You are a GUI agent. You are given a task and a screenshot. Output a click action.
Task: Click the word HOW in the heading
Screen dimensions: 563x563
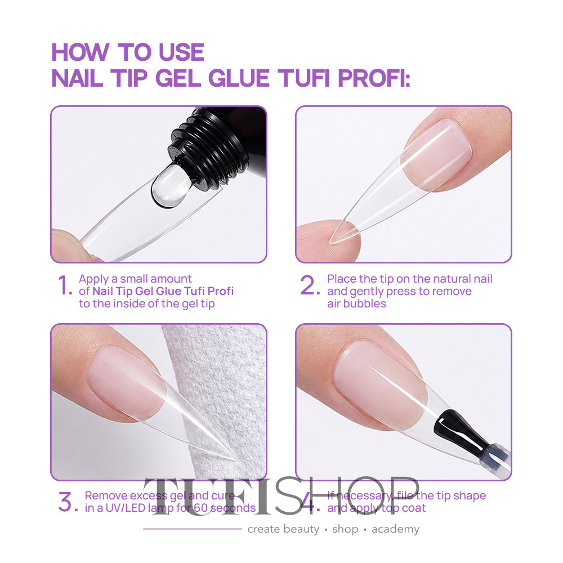click(x=81, y=52)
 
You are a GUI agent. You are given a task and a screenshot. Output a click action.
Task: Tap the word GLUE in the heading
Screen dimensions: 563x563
click(x=239, y=78)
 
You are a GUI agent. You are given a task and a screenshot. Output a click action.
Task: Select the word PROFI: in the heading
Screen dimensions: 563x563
click(x=374, y=78)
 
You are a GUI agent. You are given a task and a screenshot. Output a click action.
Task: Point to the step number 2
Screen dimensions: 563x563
click(x=310, y=285)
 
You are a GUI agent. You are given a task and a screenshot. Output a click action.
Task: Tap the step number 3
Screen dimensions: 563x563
click(x=68, y=502)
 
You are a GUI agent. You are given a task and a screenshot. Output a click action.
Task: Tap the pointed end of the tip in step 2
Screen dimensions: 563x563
click(x=330, y=243)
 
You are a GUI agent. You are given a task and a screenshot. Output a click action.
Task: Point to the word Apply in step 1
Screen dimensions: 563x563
click(x=93, y=280)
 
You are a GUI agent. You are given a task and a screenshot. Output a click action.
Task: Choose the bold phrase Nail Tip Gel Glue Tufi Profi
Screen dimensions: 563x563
click(x=163, y=291)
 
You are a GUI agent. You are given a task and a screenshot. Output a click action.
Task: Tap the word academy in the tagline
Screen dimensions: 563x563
click(x=395, y=529)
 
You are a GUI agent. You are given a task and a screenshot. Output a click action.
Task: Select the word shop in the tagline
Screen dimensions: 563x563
click(x=346, y=529)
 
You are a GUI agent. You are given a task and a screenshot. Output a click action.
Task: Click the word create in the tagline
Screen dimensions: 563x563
click(x=264, y=529)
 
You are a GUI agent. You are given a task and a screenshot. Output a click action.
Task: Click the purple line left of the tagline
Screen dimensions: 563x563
click(x=193, y=529)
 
